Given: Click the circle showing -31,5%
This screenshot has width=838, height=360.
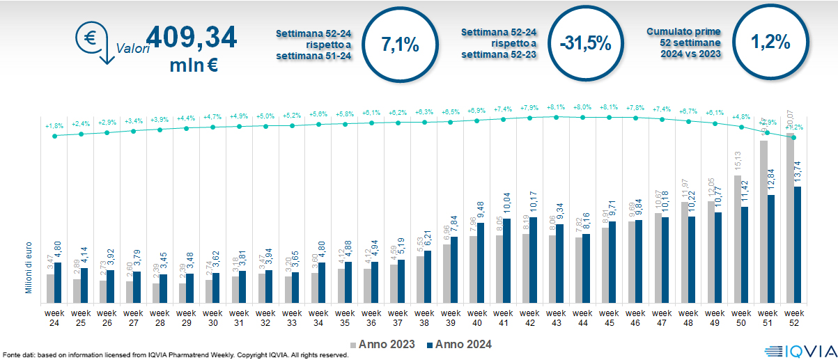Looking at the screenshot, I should (x=584, y=43).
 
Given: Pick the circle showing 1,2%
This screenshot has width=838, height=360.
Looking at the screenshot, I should (x=770, y=42).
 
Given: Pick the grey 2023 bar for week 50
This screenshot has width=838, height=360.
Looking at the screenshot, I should (x=738, y=240).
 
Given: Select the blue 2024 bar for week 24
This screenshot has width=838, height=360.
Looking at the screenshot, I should (x=59, y=283).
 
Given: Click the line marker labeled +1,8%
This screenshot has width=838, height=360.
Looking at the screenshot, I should (x=55, y=136).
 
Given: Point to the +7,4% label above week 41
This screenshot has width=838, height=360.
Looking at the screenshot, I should (x=503, y=109).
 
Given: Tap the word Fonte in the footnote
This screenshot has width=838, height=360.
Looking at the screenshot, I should (x=12, y=355).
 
